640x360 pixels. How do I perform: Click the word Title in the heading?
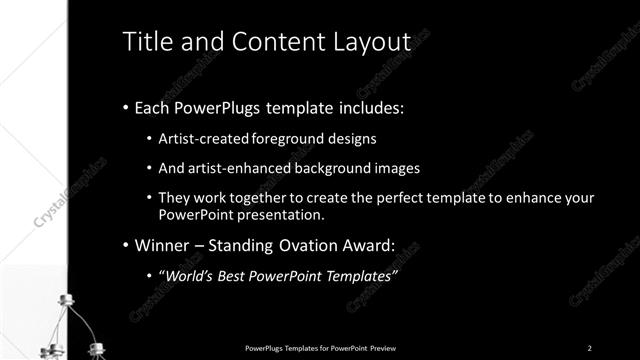tap(144, 42)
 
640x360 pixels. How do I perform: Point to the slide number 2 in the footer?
tap(589, 348)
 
